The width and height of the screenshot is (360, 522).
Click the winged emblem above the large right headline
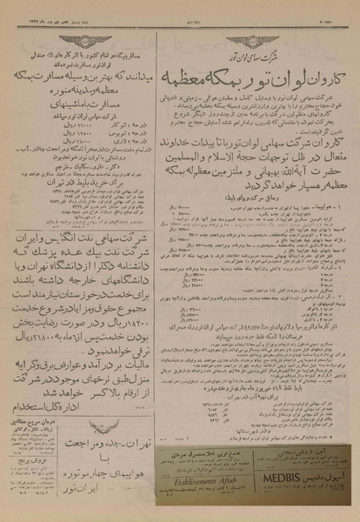246,23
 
